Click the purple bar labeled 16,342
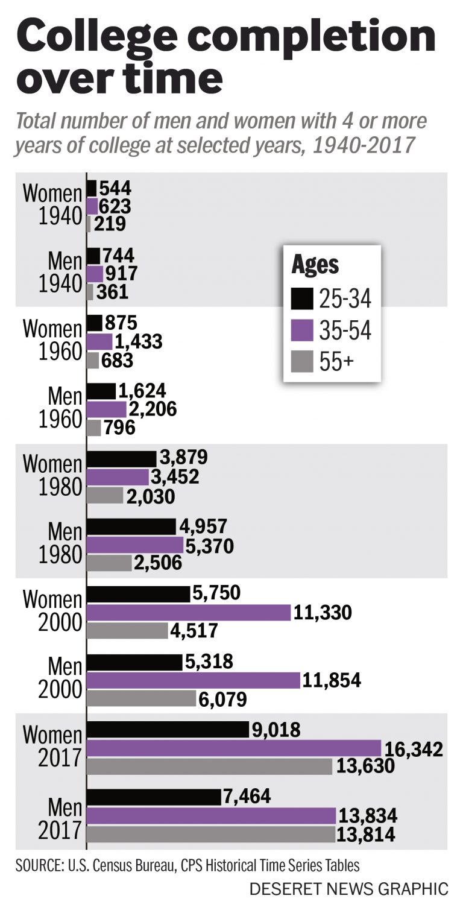[x=234, y=748]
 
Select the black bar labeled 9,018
[x=168, y=730]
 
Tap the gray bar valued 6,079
[x=141, y=698]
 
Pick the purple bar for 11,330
[x=189, y=613]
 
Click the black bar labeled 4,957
[x=131, y=526]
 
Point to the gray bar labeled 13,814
[x=211, y=835]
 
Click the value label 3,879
[x=182, y=458]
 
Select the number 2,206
[x=153, y=409]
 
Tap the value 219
[x=109, y=224]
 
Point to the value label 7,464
[x=247, y=797]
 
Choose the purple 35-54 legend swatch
[x=302, y=330]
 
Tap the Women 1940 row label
[x=52, y=205]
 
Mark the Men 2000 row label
[x=59, y=678]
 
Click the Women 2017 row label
[x=52, y=747]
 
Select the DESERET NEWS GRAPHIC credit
[x=348, y=889]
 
